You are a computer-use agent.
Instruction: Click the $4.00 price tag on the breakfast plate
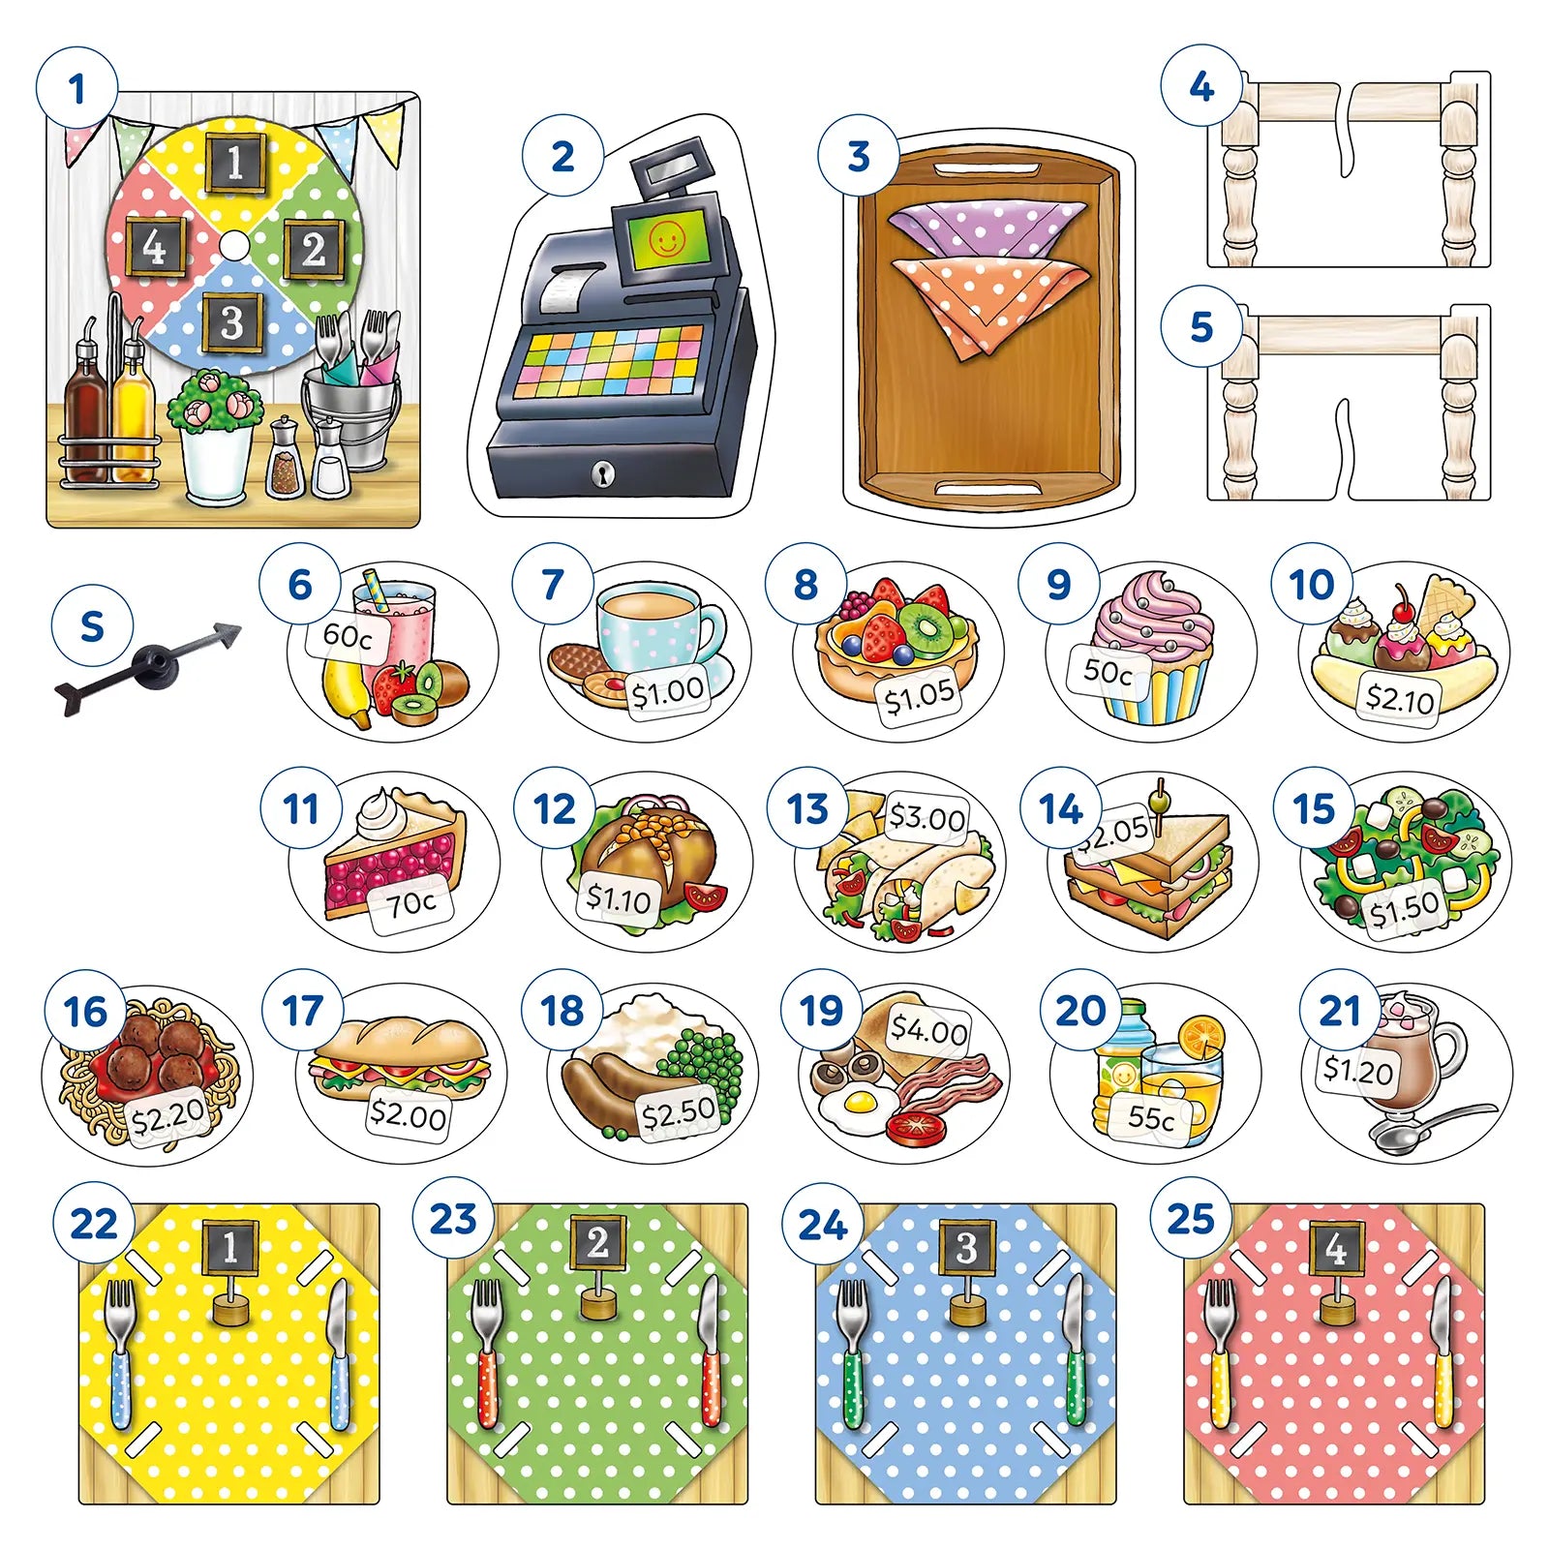(x=928, y=1029)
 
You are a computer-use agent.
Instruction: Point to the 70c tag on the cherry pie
(x=411, y=903)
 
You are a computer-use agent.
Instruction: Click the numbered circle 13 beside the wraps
(x=807, y=808)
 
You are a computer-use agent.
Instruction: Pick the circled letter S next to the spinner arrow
(x=92, y=626)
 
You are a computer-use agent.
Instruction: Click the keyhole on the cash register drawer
(x=603, y=473)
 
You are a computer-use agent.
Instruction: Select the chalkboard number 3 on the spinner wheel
(x=231, y=322)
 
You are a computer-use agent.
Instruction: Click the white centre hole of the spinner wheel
(x=232, y=245)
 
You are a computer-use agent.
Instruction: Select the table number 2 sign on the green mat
(x=597, y=1242)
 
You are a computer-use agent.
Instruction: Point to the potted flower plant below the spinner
(x=215, y=431)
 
